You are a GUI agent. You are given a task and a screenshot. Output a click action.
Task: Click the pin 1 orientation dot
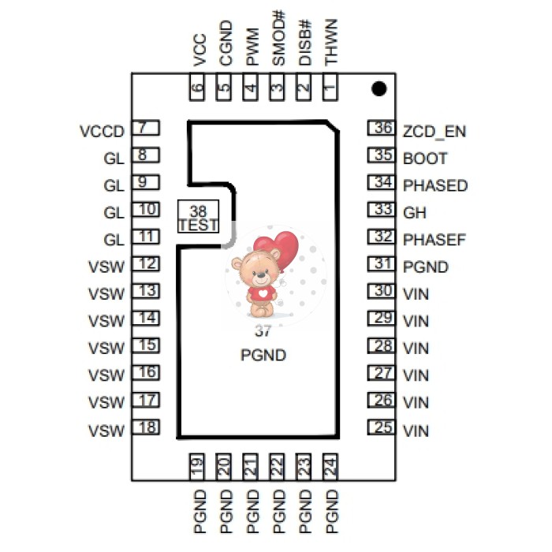coord(379,89)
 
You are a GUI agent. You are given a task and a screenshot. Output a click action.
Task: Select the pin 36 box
coord(382,128)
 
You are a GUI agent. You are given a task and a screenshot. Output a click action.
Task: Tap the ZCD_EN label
coord(434,131)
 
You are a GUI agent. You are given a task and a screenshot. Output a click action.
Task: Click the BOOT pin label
coord(425,158)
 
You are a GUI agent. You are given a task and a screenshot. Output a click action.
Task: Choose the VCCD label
coord(103,131)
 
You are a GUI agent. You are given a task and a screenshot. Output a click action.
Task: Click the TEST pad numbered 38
coord(197,217)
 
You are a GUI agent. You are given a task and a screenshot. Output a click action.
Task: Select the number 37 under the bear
coord(263,332)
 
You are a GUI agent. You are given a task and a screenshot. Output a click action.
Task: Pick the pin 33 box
coord(382,210)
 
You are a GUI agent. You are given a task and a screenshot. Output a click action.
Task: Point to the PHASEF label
coord(435,239)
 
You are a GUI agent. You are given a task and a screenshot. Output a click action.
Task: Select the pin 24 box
coord(330,467)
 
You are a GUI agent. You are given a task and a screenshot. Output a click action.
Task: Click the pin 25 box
coord(382,427)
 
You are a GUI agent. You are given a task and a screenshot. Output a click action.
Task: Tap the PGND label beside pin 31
coord(425,267)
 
